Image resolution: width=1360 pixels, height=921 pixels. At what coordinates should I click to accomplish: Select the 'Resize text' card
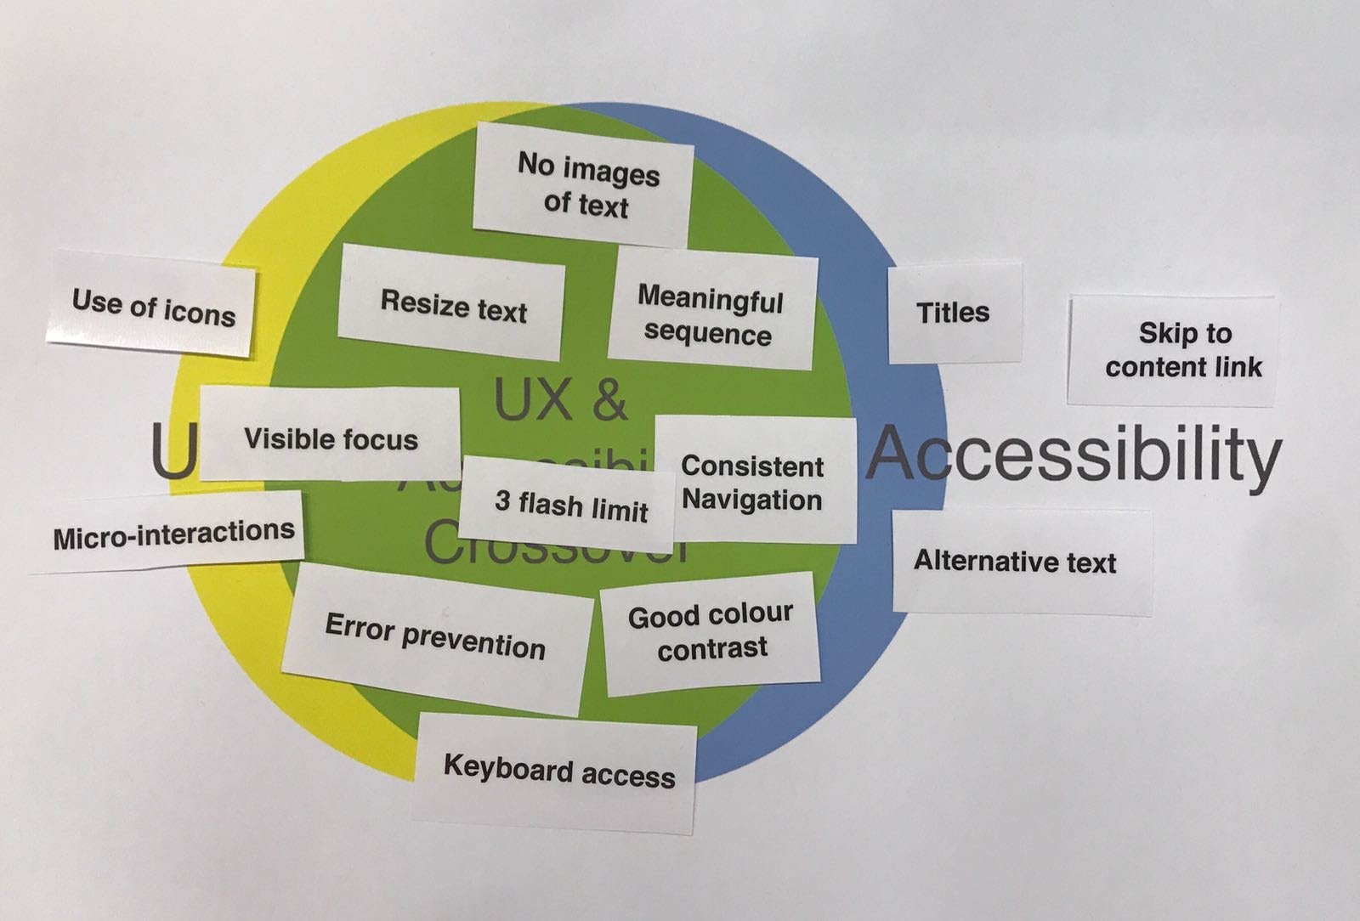pyautogui.click(x=453, y=305)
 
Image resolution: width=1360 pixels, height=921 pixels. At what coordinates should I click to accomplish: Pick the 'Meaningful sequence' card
pyautogui.click(x=710, y=315)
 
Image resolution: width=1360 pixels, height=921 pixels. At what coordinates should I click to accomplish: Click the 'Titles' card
pyautogui.click(x=953, y=313)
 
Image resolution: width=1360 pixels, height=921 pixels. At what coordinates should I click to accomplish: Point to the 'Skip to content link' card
pyautogui.click(x=1183, y=349)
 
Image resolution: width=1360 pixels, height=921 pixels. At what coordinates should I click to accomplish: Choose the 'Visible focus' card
pyautogui.click(x=331, y=438)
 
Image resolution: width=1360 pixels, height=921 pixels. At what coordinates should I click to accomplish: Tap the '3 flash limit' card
pyautogui.click(x=570, y=506)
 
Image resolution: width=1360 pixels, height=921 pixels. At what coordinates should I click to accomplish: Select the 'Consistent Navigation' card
pyautogui.click(x=752, y=483)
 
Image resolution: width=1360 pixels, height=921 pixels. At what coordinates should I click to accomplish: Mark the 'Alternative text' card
pyautogui.click(x=1015, y=562)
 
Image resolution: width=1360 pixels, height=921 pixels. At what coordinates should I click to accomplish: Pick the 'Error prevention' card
pyautogui.click(x=434, y=637)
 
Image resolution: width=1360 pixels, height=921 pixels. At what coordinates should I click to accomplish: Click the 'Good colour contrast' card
pyautogui.click(x=711, y=631)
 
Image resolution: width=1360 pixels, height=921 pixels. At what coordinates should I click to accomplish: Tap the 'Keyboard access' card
pyautogui.click(x=558, y=771)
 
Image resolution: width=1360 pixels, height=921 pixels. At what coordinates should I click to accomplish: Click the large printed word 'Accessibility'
pyautogui.click(x=1076, y=455)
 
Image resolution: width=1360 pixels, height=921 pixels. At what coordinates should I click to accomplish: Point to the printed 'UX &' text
pyautogui.click(x=560, y=401)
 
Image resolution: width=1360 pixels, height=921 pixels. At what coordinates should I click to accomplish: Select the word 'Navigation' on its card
pyautogui.click(x=752, y=500)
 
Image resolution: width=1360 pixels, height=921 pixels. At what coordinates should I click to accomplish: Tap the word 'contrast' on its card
pyautogui.click(x=712, y=649)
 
